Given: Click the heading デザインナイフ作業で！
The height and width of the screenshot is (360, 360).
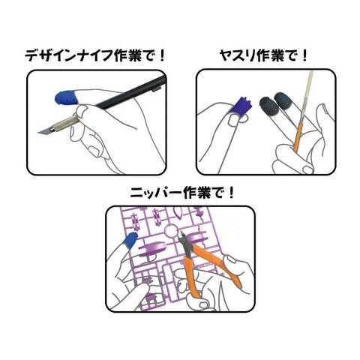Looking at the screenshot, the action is point(95,55).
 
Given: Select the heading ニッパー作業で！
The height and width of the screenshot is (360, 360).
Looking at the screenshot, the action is point(183,193).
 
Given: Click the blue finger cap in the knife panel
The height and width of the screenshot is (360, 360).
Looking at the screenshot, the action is point(67,97).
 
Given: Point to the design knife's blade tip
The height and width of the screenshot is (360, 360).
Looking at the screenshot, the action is point(38,133).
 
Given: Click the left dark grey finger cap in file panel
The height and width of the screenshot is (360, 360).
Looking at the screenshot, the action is point(268,107).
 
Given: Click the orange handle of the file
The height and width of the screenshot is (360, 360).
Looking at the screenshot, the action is point(298,137).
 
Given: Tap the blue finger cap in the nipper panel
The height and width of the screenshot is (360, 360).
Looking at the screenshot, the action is point(131,240).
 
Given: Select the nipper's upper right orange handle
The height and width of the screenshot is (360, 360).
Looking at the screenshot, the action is point(217,263).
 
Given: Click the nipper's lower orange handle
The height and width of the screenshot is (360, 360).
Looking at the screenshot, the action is point(191,276).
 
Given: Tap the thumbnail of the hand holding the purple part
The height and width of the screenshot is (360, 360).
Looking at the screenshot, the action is point(233,121).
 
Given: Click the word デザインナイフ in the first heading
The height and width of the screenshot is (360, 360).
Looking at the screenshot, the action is point(69,55).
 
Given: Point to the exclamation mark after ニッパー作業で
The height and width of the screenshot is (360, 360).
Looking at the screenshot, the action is point(231,193).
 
